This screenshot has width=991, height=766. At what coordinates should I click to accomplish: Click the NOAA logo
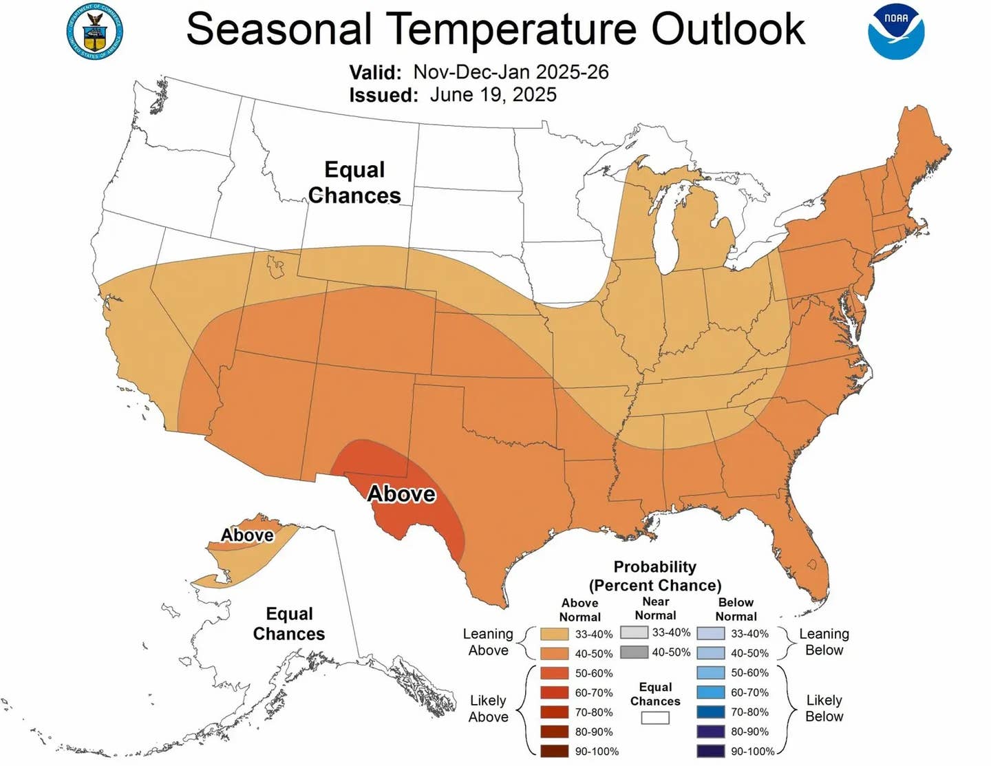coord(895,31)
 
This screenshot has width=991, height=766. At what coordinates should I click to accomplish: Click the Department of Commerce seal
coord(95,31)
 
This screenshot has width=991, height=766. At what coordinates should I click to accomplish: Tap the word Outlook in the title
coord(728,29)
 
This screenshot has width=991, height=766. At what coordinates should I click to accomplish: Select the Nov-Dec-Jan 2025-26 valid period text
coord(511,72)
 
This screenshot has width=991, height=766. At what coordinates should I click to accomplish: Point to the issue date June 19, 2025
coord(493,95)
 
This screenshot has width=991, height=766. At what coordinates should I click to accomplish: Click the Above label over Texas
coord(401,493)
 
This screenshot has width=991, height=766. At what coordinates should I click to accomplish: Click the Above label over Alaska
coord(247,535)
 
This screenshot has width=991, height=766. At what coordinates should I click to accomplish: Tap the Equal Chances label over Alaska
coord(289,624)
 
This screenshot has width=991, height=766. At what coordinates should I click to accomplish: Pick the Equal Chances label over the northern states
coord(354,182)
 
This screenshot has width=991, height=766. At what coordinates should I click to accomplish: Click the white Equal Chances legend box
coord(655,718)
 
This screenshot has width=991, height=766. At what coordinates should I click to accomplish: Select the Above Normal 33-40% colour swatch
coord(554,634)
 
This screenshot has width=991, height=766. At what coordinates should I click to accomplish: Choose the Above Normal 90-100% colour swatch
coord(554,751)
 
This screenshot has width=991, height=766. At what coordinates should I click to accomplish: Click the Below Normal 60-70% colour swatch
coord(710,692)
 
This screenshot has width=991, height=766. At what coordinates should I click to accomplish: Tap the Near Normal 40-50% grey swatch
coord(634,652)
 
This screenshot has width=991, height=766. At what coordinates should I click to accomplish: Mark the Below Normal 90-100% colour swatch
coord(710,751)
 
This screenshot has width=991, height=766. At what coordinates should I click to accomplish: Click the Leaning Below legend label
coord(824,641)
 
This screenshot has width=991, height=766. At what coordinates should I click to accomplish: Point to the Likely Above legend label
coord(488,708)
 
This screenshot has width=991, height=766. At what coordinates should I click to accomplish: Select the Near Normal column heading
coord(655,608)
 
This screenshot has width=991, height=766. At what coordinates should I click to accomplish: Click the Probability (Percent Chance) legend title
coord(655,576)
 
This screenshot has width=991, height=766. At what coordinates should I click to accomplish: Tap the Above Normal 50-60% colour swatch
coord(554,673)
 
